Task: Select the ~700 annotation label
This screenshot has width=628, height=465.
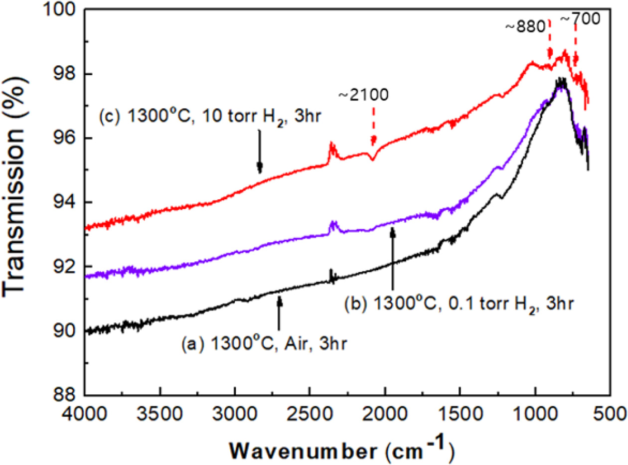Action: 578,19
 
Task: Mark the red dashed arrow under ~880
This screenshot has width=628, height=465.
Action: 550,40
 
